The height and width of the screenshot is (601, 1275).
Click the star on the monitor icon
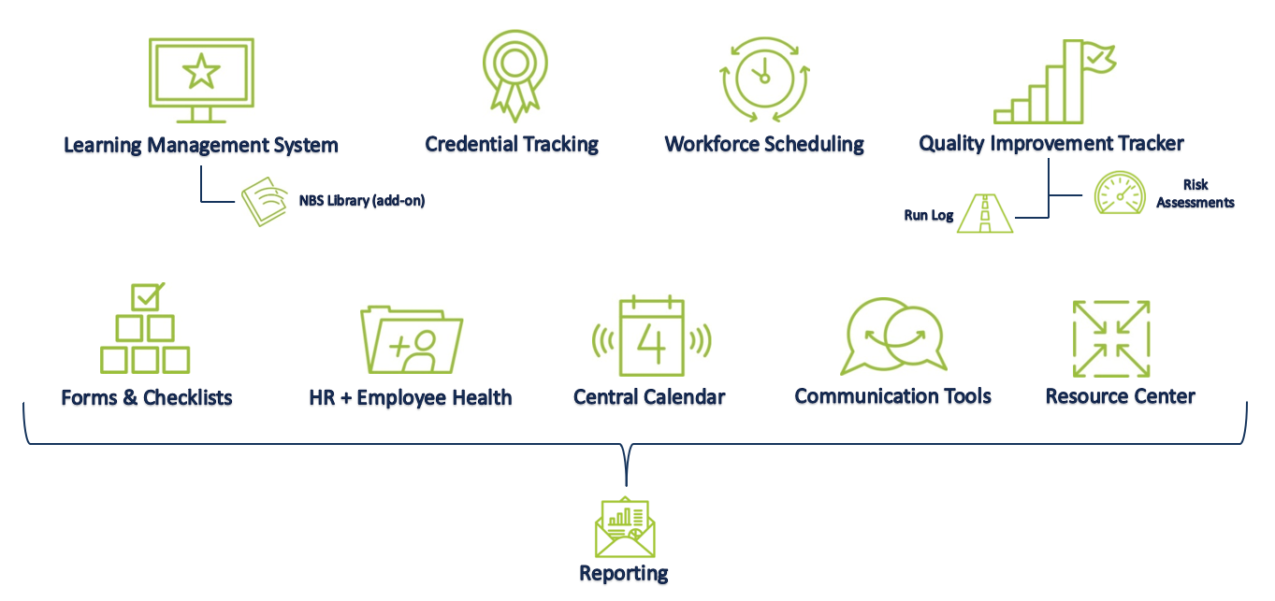(201, 71)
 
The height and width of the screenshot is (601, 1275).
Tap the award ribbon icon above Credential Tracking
(512, 75)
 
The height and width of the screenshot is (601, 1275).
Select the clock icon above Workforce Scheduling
(763, 79)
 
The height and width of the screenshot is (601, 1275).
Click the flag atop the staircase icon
(1096, 58)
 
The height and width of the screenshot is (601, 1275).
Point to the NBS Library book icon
(265, 201)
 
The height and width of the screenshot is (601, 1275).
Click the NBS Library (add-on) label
(362, 200)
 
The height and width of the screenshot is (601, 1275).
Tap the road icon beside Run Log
(985, 214)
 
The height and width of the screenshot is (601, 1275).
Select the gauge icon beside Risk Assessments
(1120, 193)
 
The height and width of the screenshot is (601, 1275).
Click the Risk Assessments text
(1195, 193)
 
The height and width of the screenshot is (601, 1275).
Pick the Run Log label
(928, 215)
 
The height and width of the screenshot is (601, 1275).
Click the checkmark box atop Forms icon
(147, 297)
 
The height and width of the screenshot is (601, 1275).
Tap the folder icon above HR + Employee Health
(412, 340)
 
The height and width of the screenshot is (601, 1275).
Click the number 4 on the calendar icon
(652, 339)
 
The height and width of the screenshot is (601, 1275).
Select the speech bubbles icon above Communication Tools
(893, 336)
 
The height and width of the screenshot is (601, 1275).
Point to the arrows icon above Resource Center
(1110, 338)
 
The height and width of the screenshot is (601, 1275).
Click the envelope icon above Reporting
(625, 528)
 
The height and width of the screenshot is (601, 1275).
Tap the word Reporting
(624, 573)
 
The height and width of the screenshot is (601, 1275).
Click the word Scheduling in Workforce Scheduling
(814, 145)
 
